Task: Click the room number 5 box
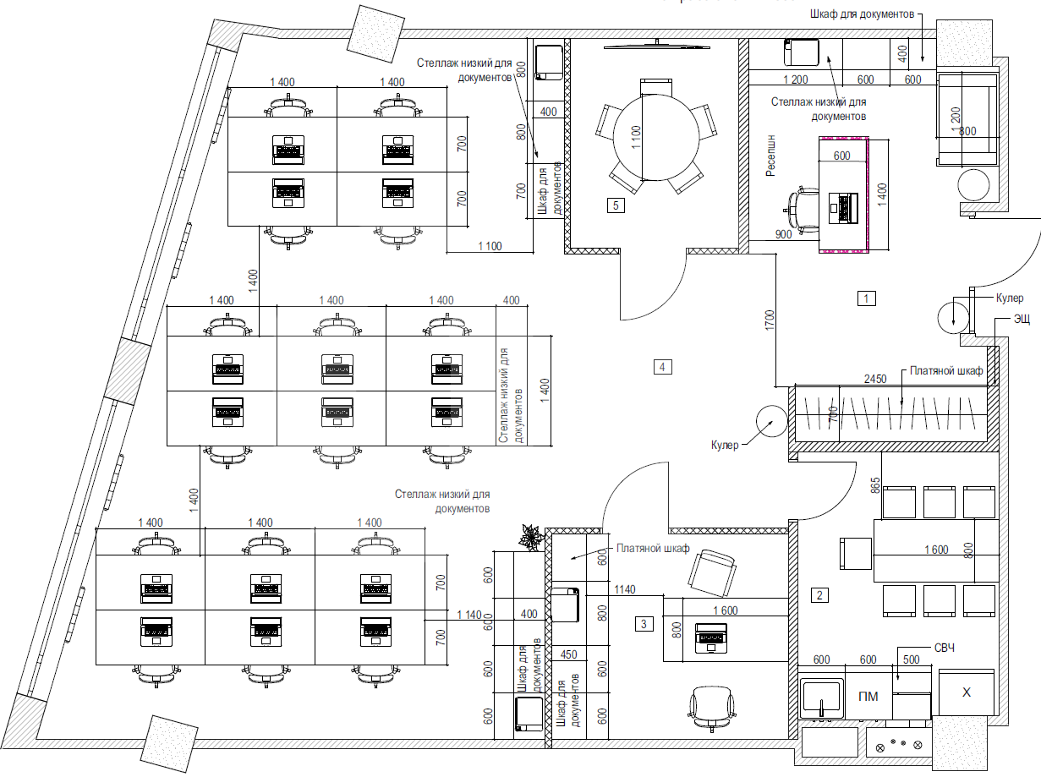pyautogui.click(x=616, y=205)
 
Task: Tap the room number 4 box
pyautogui.click(x=664, y=366)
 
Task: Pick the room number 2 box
pyautogui.click(x=818, y=594)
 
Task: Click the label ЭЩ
pyautogui.click(x=999, y=320)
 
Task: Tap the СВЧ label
pyautogui.click(x=945, y=648)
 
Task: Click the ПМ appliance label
pyautogui.click(x=867, y=698)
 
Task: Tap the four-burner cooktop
pyautogui.click(x=899, y=746)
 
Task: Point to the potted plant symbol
pyautogui.click(x=530, y=537)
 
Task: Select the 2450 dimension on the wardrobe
pyautogui.click(x=875, y=379)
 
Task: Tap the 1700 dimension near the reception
pyautogui.click(x=769, y=319)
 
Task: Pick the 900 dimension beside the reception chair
pyautogui.click(x=784, y=235)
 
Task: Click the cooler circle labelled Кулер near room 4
pyautogui.click(x=770, y=420)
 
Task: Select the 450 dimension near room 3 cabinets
pyautogui.click(x=568, y=653)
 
